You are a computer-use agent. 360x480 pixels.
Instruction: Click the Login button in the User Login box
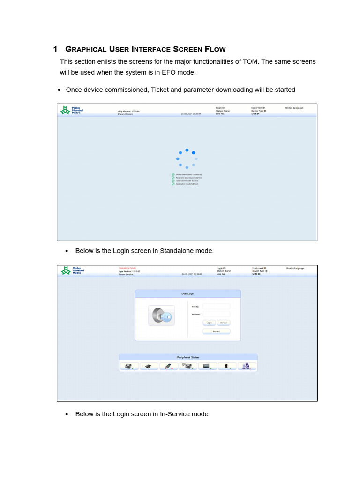tap(209, 322)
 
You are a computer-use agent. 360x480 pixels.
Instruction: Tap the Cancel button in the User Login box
tap(224, 322)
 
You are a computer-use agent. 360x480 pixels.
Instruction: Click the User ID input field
tap(217, 307)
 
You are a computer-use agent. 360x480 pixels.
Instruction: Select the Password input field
tap(217, 314)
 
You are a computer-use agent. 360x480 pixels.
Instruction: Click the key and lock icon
tap(161, 315)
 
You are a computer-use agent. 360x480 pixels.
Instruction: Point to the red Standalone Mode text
tap(127, 268)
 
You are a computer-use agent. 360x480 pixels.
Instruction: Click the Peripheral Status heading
tap(188, 357)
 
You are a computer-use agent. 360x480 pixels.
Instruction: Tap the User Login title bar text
tap(187, 293)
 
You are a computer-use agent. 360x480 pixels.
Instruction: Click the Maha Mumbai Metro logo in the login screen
tap(71, 270)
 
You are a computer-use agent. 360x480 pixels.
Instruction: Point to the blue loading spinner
tap(187, 158)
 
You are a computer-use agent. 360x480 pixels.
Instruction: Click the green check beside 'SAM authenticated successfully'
tap(173, 174)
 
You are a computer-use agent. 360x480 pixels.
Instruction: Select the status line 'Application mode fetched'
tap(187, 184)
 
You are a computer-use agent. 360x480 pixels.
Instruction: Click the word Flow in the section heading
tap(215, 49)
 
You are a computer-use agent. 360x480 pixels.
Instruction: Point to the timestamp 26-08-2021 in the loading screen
tap(191, 114)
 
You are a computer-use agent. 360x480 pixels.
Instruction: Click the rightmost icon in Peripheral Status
tap(247, 367)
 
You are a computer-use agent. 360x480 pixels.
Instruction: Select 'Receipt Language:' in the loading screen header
tap(294, 108)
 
